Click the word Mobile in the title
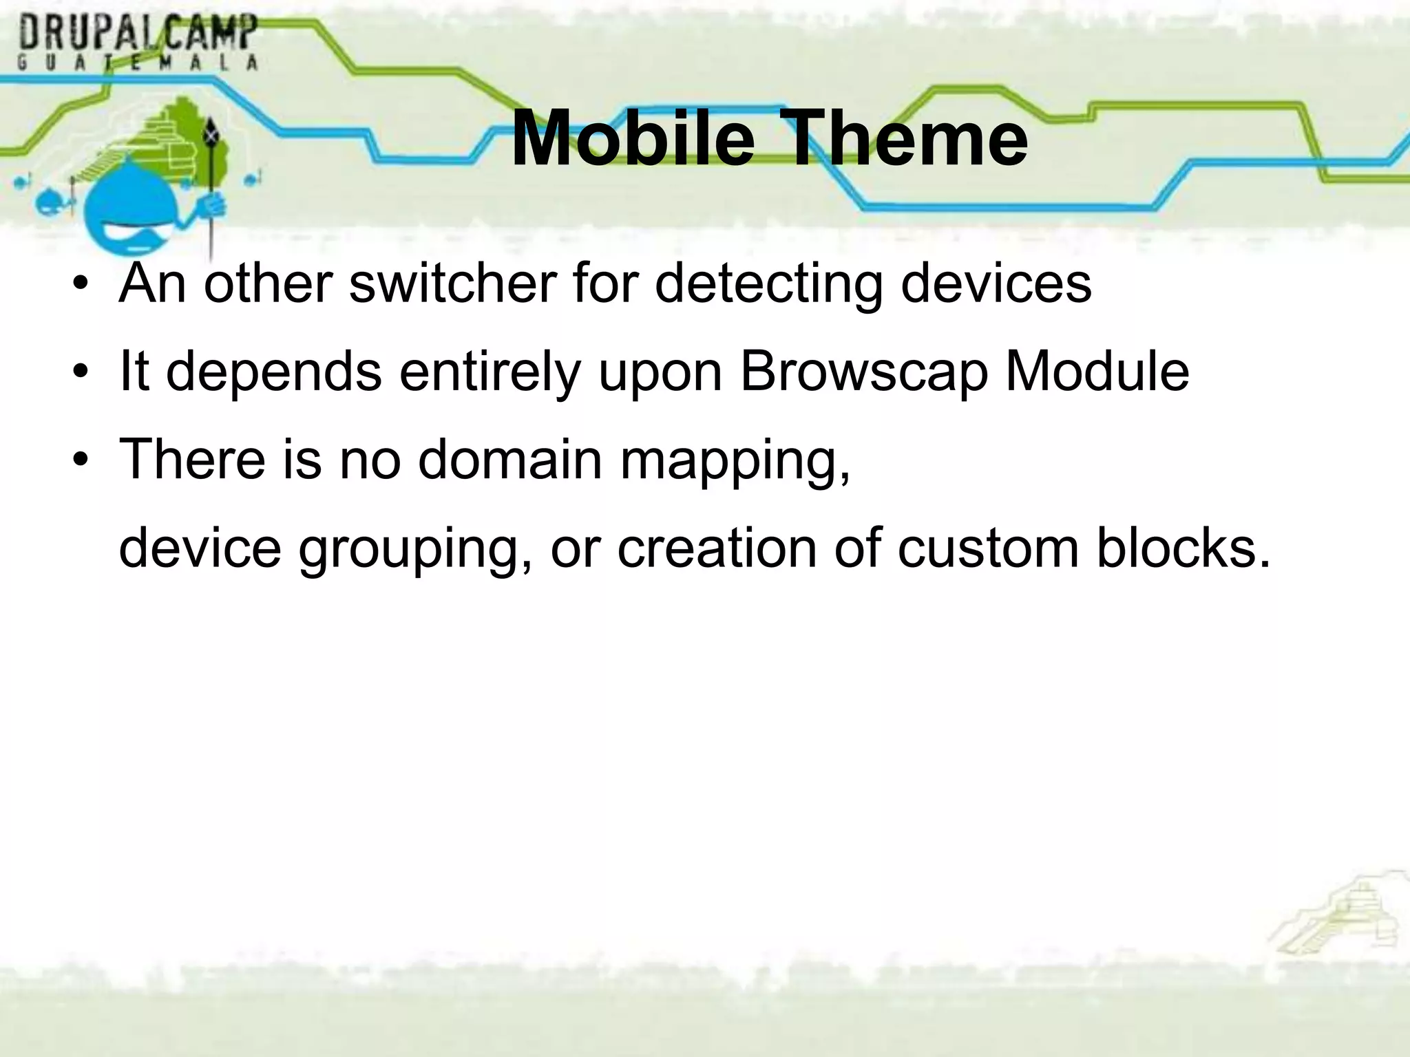pyautogui.click(x=633, y=140)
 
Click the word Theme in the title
pyautogui.click(x=906, y=140)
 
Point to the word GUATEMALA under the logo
pyautogui.click(x=138, y=63)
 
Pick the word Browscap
pyautogui.click(x=864, y=372)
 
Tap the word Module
pyautogui.click(x=1097, y=371)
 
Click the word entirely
pyautogui.click(x=490, y=372)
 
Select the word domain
pyautogui.click(x=510, y=459)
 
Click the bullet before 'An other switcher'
pyautogui.click(x=81, y=284)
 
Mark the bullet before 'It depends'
pyautogui.click(x=81, y=372)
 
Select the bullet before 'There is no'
pyautogui.click(x=81, y=460)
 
